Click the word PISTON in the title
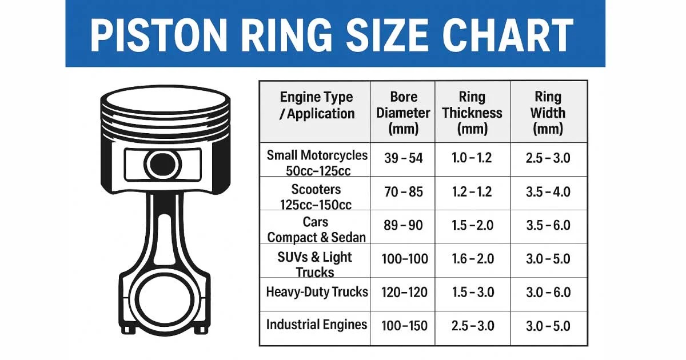point(158,35)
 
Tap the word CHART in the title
point(507,35)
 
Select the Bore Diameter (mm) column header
point(404,113)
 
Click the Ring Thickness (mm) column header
point(472,113)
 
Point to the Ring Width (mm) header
point(548,113)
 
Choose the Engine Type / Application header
point(317,105)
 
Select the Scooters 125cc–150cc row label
point(316,197)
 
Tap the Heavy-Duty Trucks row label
point(317,292)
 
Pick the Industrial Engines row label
point(317,325)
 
